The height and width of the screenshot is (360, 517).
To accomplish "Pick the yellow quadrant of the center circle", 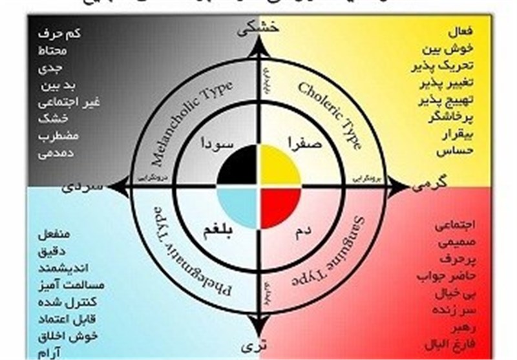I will click(279, 167).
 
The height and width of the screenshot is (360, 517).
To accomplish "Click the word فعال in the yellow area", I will click(461, 31).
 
